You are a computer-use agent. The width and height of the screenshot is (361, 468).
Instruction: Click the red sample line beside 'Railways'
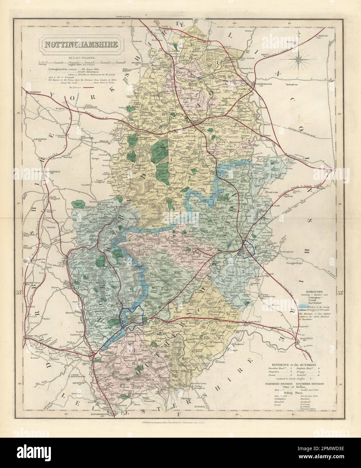[x=86, y=87]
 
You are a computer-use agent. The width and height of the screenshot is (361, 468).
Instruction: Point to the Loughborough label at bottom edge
[x=104, y=412]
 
